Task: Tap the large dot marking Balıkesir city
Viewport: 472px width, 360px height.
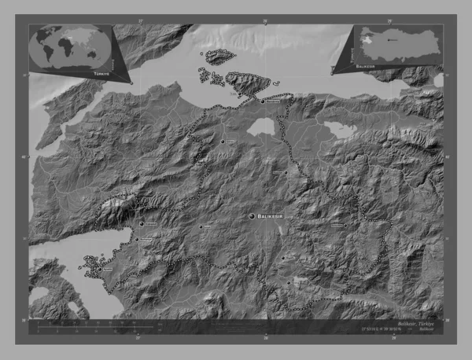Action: point(252,215)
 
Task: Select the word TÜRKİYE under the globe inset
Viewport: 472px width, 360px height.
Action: point(101,72)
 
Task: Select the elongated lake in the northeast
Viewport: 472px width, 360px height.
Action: point(337,128)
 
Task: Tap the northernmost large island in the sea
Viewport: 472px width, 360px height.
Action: point(218,57)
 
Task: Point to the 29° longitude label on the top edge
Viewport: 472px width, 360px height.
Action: point(389,20)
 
